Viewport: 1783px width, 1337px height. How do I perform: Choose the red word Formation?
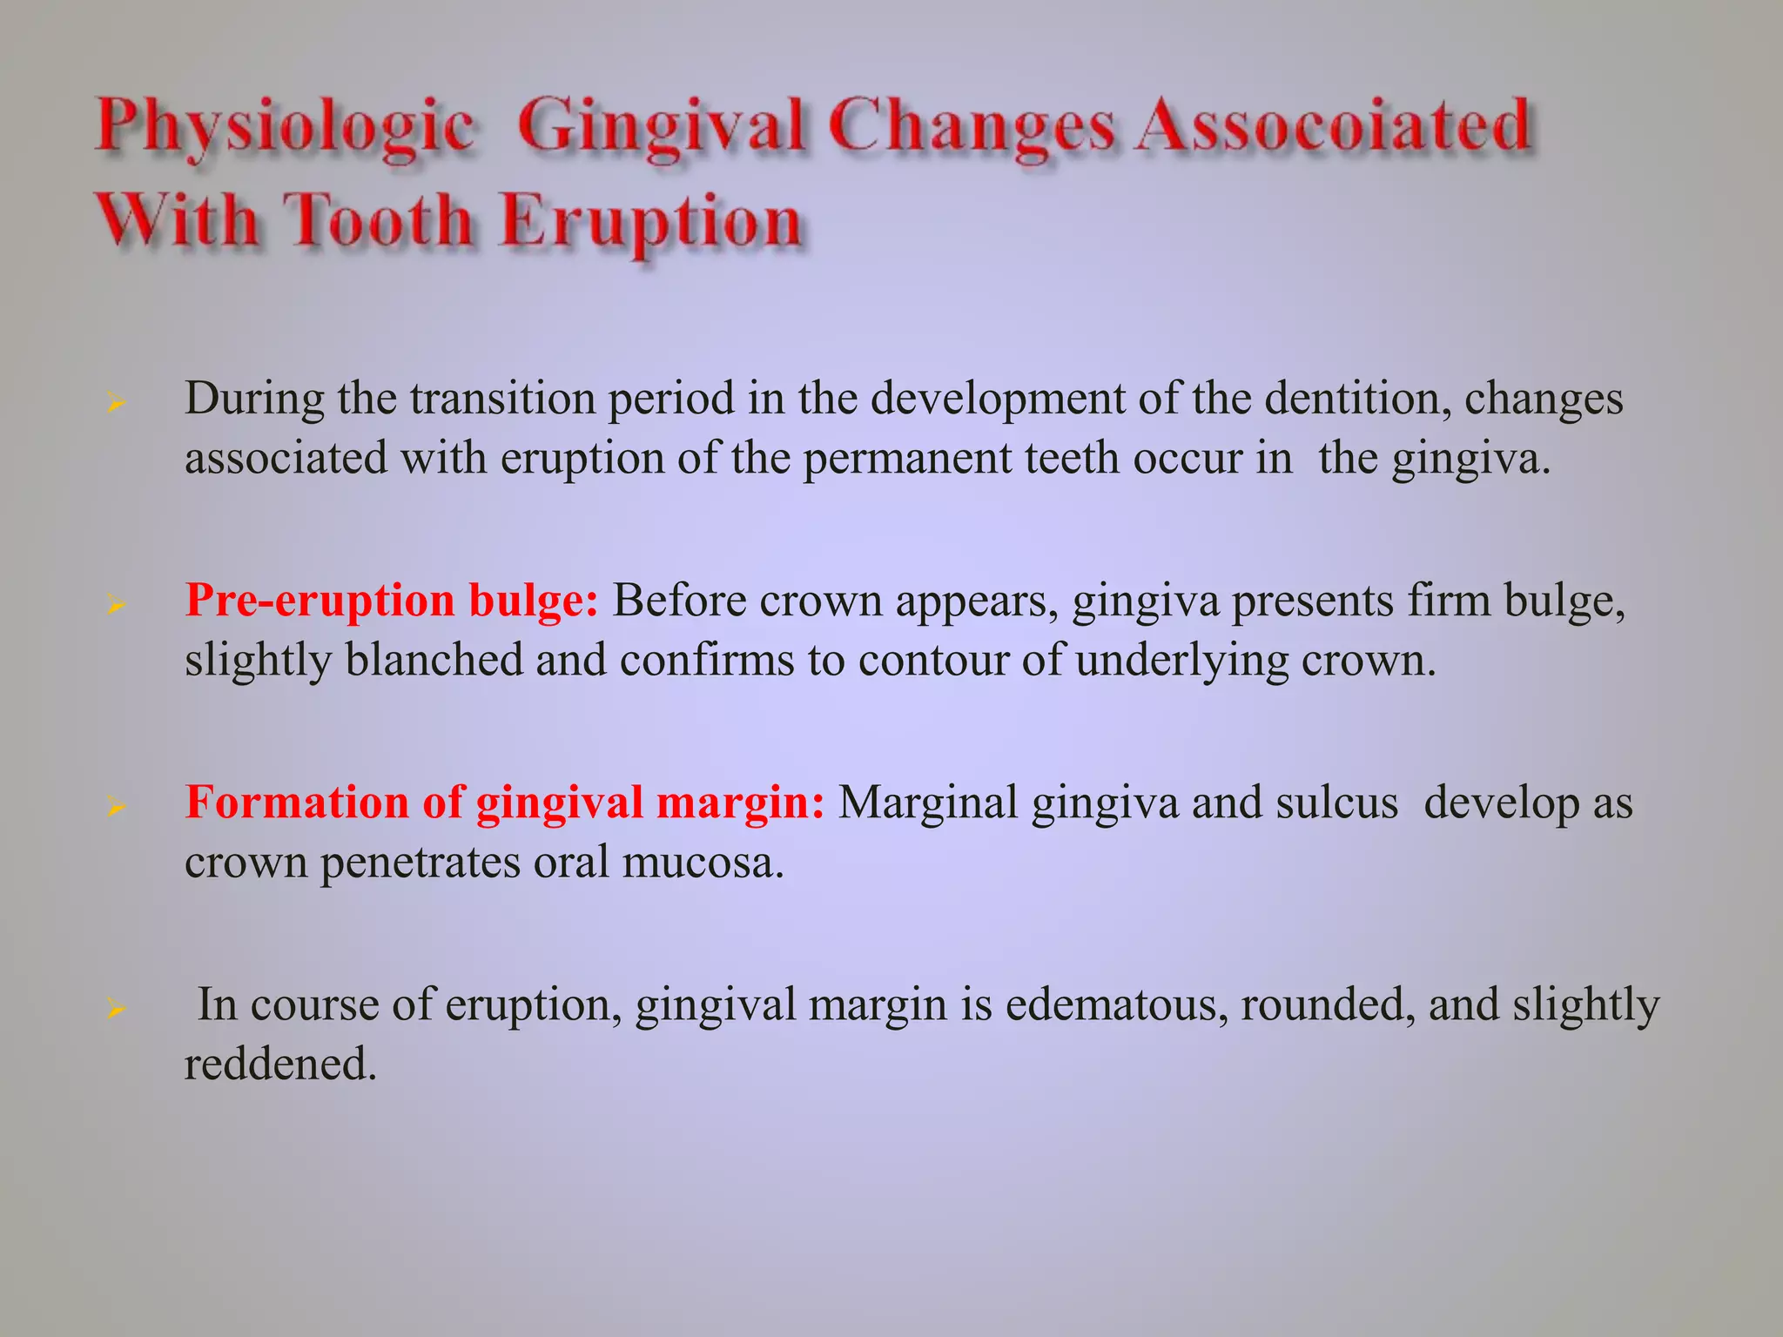[x=297, y=802]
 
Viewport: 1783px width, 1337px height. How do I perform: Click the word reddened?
[x=280, y=1064]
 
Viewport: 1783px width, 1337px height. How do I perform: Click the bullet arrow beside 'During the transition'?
[x=116, y=403]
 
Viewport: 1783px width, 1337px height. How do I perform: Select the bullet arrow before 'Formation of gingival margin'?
[x=116, y=807]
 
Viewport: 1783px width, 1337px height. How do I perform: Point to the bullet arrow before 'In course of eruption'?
[x=116, y=1009]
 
